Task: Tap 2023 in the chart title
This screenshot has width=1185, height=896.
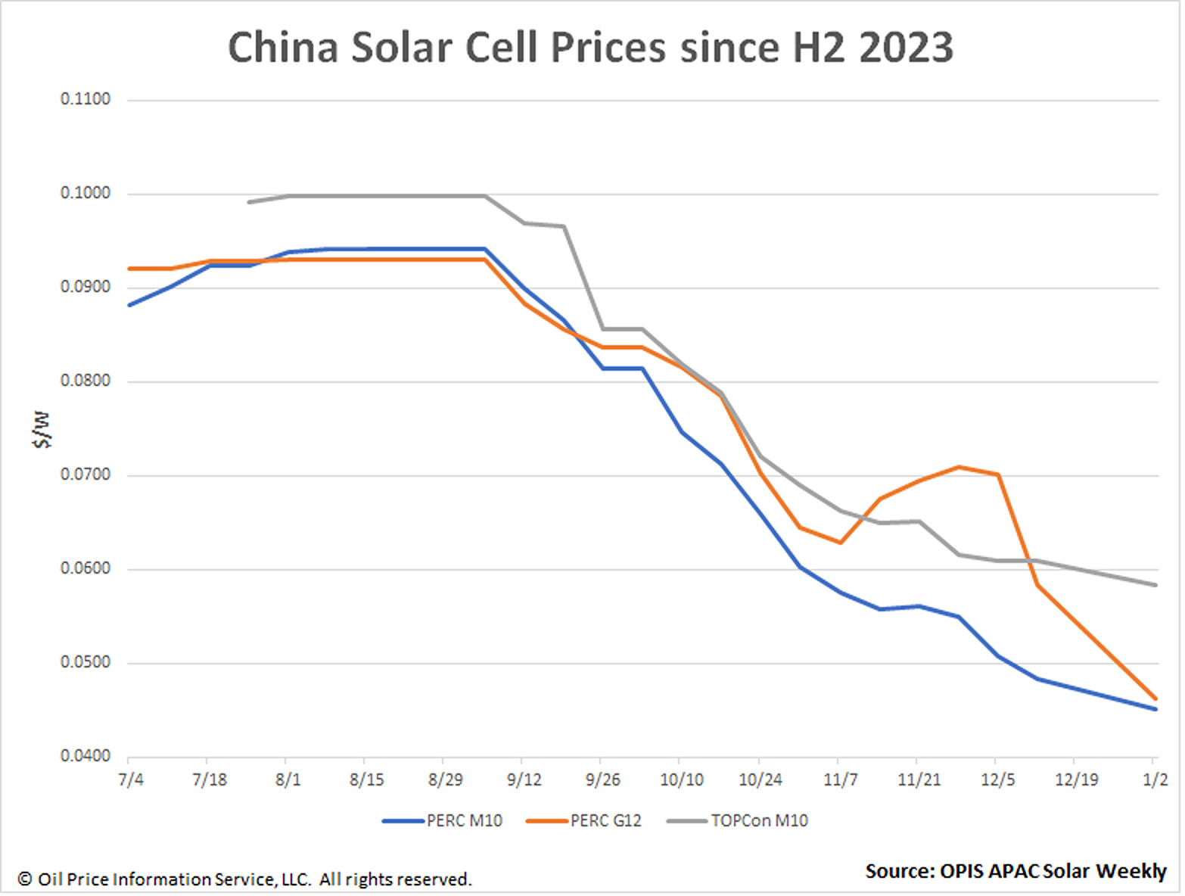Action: coord(906,48)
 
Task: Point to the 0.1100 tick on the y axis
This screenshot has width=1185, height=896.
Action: coord(86,99)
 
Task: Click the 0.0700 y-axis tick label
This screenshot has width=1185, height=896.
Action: coord(86,474)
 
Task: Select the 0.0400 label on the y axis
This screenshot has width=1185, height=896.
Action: coord(86,756)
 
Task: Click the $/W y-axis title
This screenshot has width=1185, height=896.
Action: coord(42,430)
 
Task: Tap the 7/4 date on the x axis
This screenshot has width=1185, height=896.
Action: coord(131,779)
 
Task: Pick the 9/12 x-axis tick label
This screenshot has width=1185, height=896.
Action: coord(524,779)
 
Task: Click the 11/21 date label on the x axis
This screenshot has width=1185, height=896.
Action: coord(919,779)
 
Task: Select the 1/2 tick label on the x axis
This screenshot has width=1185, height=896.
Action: coord(1155,779)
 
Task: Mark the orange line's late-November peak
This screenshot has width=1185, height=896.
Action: coord(959,467)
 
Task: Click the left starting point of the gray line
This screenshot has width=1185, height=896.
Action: coord(249,202)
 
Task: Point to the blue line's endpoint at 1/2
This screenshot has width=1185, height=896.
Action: coord(1155,709)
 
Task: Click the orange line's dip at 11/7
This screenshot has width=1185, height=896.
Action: coord(840,543)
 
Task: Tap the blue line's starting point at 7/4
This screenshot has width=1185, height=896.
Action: coord(130,305)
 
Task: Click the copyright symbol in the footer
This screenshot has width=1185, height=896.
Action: coord(25,879)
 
